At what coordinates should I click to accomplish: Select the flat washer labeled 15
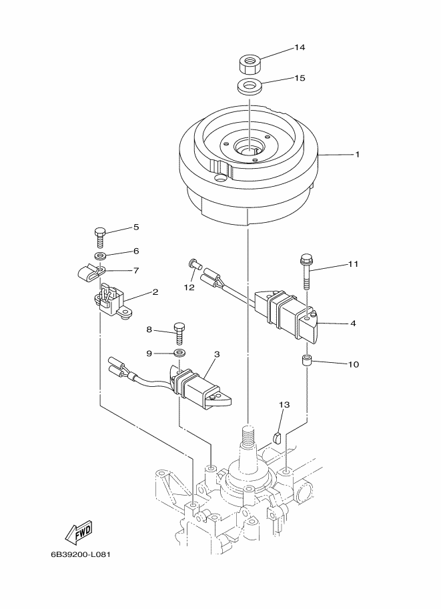click(x=249, y=86)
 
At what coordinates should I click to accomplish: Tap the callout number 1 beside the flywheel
click(x=357, y=155)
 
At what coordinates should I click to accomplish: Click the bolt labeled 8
click(x=179, y=332)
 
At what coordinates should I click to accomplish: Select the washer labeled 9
click(x=179, y=354)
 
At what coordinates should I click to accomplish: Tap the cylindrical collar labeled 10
click(x=308, y=360)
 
